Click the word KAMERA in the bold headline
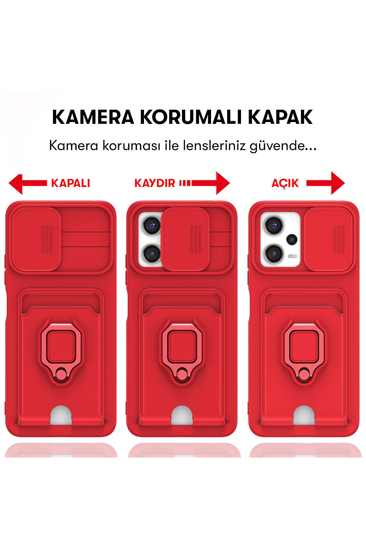point(93,117)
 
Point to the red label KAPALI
point(70,183)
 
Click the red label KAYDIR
point(155,183)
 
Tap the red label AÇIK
point(285,183)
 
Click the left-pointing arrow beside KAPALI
point(17,184)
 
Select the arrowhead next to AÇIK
point(337,183)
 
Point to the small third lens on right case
point(292,239)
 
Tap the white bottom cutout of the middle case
point(182,416)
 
